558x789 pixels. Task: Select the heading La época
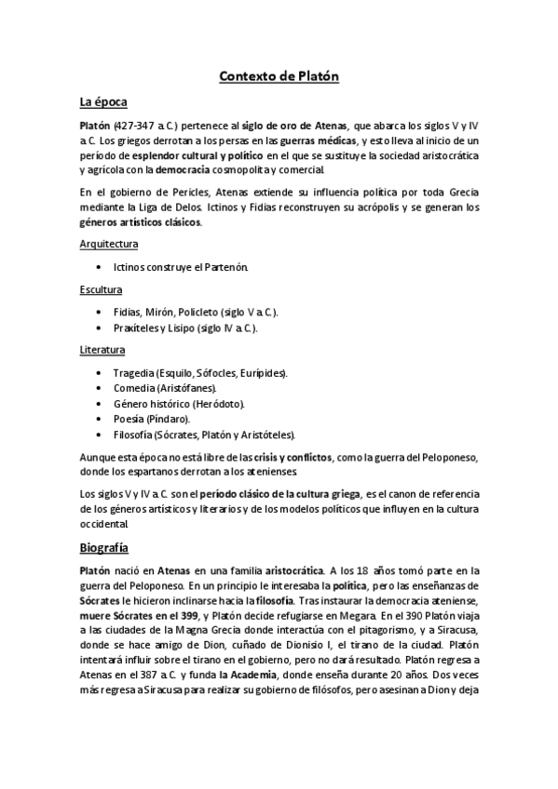103,100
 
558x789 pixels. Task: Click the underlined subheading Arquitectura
109,244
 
